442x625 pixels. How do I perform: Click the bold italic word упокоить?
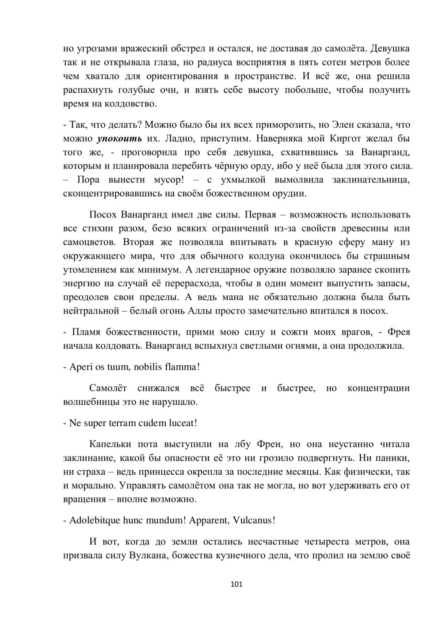pos(119,139)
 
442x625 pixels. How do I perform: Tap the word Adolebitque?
pos(95,520)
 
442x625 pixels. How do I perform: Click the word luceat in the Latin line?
pos(180,423)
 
